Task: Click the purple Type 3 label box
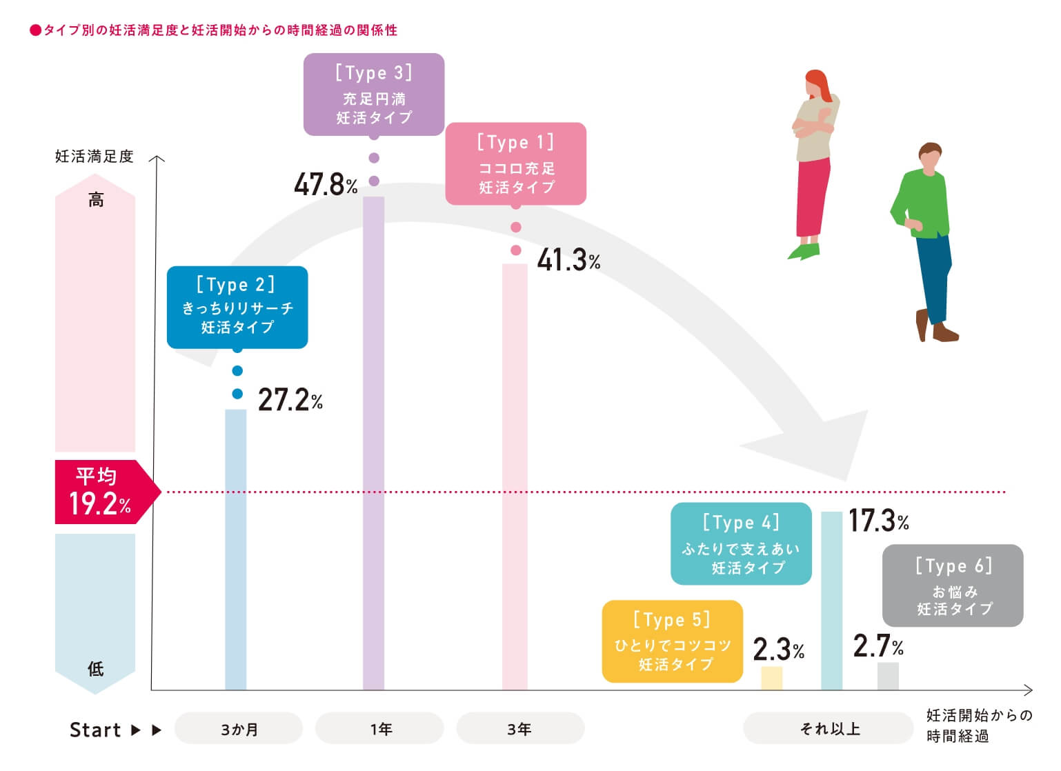click(374, 94)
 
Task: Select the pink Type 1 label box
click(516, 164)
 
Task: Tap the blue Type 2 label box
click(237, 307)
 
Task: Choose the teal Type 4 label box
click(741, 543)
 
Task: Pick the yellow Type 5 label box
click(673, 641)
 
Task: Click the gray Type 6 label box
click(953, 585)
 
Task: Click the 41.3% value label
click(568, 261)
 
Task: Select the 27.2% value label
click(290, 400)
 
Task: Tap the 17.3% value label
click(878, 521)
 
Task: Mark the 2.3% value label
click(778, 649)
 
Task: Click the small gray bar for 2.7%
click(888, 677)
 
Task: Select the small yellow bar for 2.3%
click(772, 679)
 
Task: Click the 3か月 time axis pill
click(239, 728)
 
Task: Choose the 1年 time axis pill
click(379, 728)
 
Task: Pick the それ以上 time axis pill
click(829, 728)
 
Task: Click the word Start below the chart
click(95, 730)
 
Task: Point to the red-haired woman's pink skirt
click(813, 197)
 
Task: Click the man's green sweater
click(923, 204)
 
